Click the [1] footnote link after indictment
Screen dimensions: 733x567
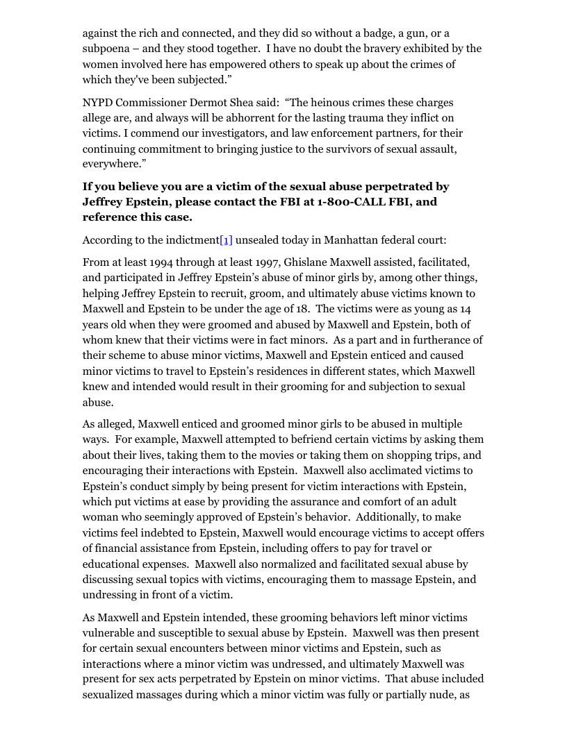(226, 240)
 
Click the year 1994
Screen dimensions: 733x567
(162, 262)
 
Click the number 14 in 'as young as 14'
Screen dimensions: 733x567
(465, 309)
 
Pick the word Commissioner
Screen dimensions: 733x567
(151, 102)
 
